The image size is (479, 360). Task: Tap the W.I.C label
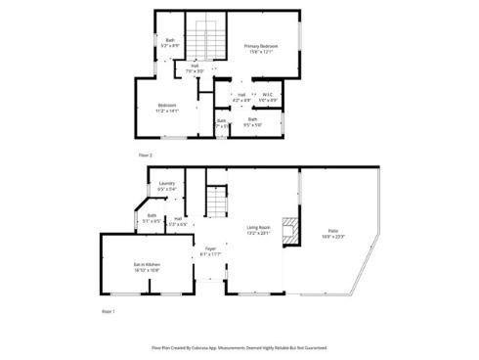pyautogui.click(x=268, y=97)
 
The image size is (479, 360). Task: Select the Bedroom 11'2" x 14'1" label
pyautogui.click(x=167, y=108)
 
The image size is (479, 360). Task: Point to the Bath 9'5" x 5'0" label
pyautogui.click(x=252, y=121)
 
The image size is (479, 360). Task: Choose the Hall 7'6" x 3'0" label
pyautogui.click(x=195, y=68)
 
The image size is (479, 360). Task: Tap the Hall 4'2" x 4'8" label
pyautogui.click(x=240, y=97)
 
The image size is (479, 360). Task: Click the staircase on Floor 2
pyautogui.click(x=203, y=39)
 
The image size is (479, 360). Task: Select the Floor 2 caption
pyautogui.click(x=145, y=155)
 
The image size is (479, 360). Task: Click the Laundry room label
pyautogui.click(x=167, y=186)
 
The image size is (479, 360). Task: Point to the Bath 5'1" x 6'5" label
pyautogui.click(x=152, y=218)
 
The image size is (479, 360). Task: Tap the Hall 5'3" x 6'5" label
pyautogui.click(x=178, y=222)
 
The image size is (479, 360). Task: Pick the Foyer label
pyautogui.click(x=209, y=251)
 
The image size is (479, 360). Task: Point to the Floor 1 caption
pyautogui.click(x=109, y=311)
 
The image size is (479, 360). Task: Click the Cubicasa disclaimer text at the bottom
pyautogui.click(x=239, y=347)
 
